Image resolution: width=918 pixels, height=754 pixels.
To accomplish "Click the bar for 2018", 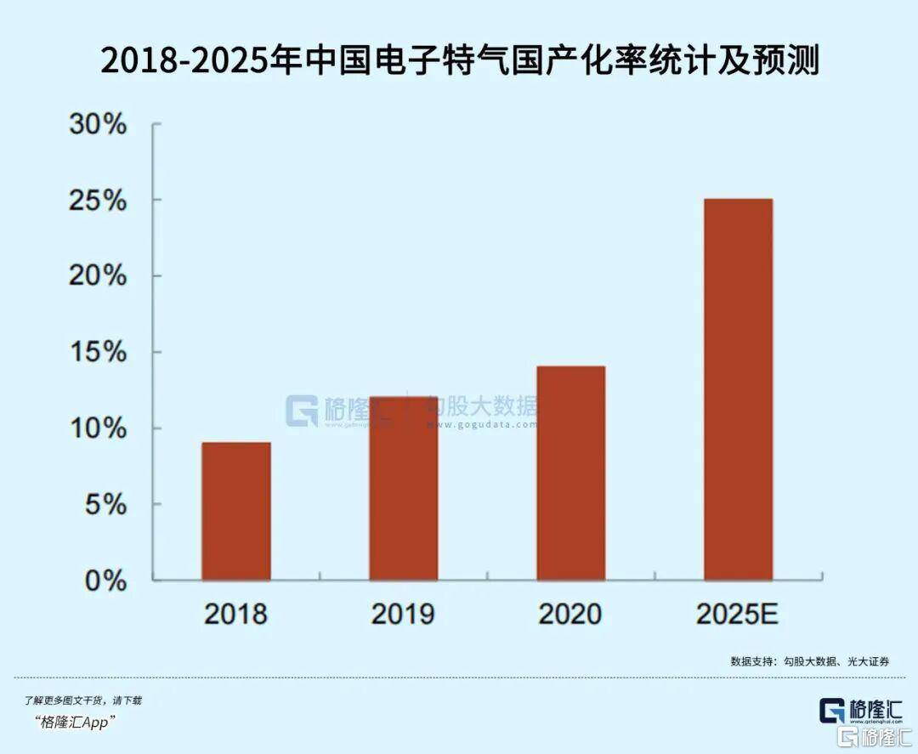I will pyautogui.click(x=236, y=511).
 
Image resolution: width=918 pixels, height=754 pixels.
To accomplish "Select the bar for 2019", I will pyautogui.click(x=403, y=488).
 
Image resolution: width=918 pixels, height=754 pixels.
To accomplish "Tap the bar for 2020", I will pyautogui.click(x=570, y=473).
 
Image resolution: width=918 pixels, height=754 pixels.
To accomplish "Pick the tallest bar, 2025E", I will pyautogui.click(x=738, y=389).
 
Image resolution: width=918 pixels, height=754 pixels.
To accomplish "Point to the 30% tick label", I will pyautogui.click(x=97, y=126).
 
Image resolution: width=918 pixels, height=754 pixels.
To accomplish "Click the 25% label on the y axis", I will pyautogui.click(x=97, y=201).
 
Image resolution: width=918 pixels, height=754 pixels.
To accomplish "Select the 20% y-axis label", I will pyautogui.click(x=97, y=277).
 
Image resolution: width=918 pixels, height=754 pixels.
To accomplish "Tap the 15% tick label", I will pyautogui.click(x=97, y=353).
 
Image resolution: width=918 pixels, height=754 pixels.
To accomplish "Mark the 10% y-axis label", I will pyautogui.click(x=97, y=428).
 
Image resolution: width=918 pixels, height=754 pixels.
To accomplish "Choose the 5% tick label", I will pyautogui.click(x=105, y=505).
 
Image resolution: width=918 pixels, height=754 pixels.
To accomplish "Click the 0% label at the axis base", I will pyautogui.click(x=105, y=581).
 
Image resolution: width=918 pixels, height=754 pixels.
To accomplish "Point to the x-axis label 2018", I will pyautogui.click(x=235, y=614).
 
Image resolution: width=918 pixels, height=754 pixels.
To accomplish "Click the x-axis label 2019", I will pyautogui.click(x=403, y=614).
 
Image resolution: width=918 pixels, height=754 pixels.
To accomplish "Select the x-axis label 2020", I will pyautogui.click(x=570, y=614).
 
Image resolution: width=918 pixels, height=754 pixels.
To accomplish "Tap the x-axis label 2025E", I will pyautogui.click(x=737, y=614).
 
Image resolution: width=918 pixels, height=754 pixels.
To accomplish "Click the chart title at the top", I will pyautogui.click(x=459, y=60).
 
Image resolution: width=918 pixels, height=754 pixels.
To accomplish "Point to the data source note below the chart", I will pyautogui.click(x=810, y=660).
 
